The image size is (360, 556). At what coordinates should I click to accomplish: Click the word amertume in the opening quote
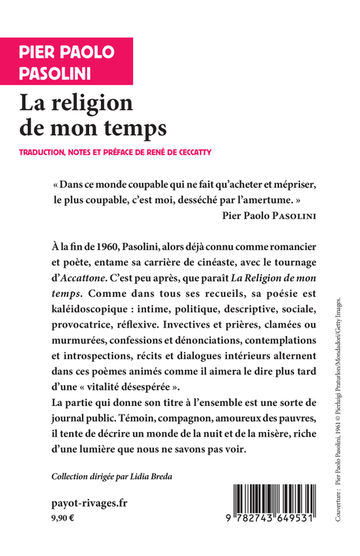click(268, 201)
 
